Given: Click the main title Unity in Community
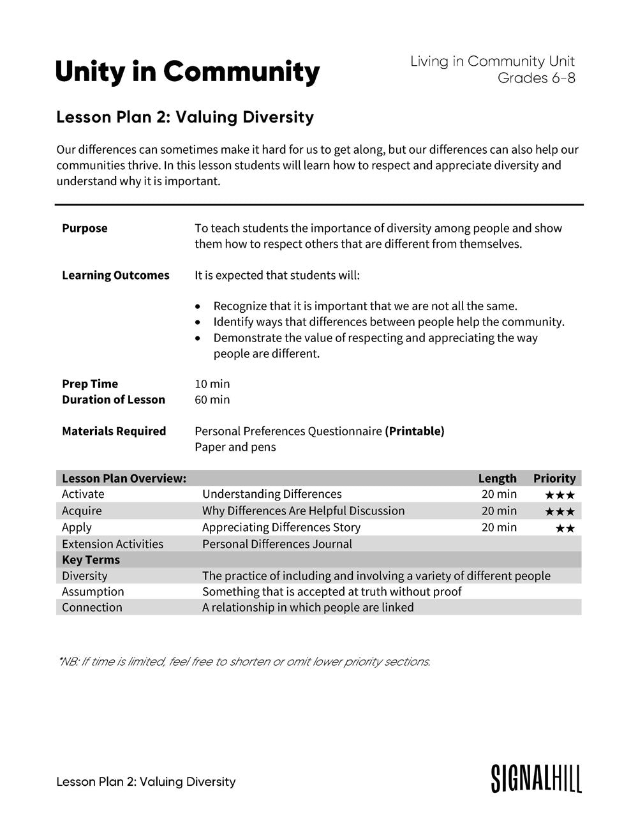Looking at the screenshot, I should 188,72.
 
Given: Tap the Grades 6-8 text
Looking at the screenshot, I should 536,79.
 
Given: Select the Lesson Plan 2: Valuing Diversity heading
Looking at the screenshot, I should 185,117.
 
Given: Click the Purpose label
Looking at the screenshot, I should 85,229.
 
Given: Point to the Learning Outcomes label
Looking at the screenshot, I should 115,276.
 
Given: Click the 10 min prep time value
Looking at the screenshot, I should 212,384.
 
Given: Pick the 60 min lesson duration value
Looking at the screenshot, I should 212,400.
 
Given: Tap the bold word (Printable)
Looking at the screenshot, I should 415,432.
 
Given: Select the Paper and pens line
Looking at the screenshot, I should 235,447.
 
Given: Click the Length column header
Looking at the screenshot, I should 497,479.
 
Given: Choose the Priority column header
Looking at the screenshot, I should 554,479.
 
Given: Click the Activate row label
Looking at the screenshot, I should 83,495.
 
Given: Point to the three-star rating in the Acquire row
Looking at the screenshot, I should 560,512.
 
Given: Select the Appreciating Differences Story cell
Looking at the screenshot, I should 281,528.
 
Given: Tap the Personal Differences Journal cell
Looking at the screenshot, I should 277,544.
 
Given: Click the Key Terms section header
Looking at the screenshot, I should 91,560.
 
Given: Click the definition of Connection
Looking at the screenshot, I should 308,608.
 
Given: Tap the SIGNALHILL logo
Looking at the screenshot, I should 536,779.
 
